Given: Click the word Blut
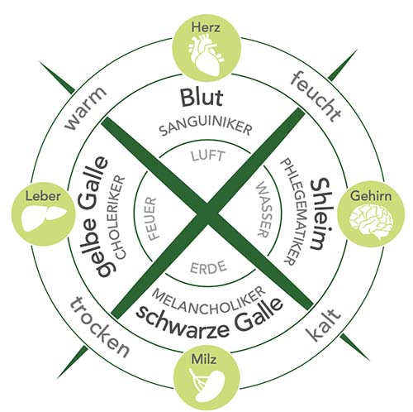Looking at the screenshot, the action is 202,98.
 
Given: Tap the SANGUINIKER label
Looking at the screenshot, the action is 206,127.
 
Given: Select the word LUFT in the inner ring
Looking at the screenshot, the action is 207,156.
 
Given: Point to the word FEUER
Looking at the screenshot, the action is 150,218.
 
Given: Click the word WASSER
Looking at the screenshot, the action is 263,209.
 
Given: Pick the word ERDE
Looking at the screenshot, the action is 208,267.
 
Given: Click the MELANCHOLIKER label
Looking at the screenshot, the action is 209,300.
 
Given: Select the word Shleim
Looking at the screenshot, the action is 320,214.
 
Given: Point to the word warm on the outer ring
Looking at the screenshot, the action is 86,108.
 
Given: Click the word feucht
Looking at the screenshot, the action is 316,96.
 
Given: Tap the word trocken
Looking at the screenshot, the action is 99,327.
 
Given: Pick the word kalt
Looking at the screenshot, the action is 323,325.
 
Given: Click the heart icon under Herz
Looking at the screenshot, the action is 206,55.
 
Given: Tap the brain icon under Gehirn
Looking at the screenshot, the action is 371,220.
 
